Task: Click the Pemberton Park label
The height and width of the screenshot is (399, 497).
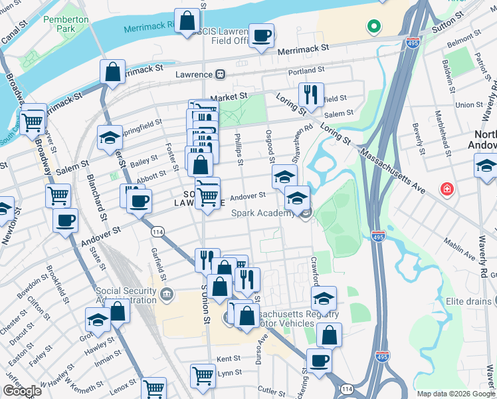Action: [x=66, y=25]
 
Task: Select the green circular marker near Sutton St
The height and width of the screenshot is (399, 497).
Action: [x=373, y=27]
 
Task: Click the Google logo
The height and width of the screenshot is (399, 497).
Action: [x=21, y=391]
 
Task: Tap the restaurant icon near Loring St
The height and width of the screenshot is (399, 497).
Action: [x=310, y=94]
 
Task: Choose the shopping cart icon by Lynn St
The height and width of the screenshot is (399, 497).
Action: [x=203, y=374]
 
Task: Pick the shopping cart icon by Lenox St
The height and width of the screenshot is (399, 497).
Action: [x=154, y=388]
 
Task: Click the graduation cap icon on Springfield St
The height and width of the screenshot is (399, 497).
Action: [x=110, y=138]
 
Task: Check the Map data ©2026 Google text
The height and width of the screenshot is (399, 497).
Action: [x=455, y=394]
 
